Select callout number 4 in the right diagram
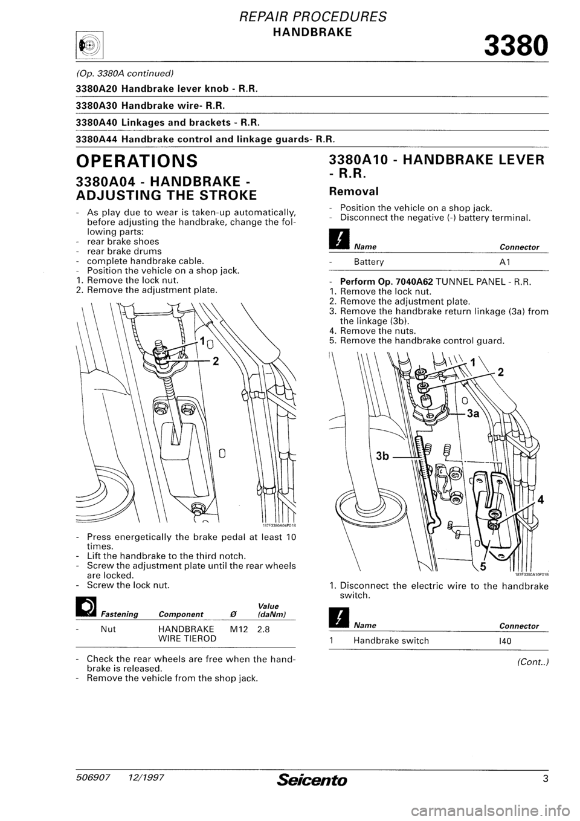point(541,500)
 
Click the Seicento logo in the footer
point(311,780)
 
